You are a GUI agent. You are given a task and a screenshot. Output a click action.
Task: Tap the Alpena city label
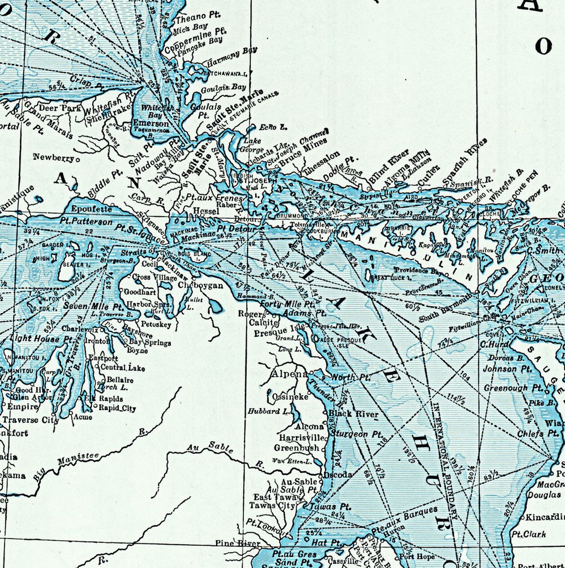pos(289,374)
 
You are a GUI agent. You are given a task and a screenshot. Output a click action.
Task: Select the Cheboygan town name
pos(201,286)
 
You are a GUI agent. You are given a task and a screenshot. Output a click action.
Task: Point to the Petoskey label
pos(155,324)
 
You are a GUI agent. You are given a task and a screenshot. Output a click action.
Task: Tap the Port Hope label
pos(417,557)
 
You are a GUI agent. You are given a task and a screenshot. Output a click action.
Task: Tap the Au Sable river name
pos(210,448)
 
